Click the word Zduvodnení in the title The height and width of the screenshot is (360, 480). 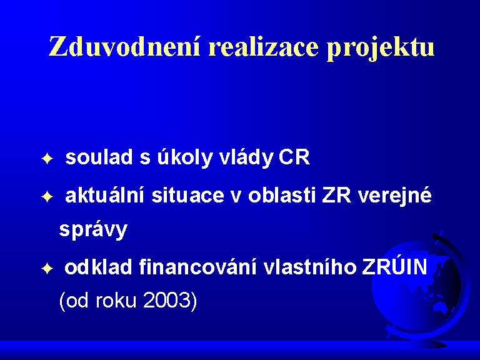(124, 47)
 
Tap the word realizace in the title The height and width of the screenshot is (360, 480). (263, 47)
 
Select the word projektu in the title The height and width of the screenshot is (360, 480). (381, 49)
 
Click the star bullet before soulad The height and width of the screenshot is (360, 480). (47, 159)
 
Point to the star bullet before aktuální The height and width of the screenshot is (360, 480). (47, 197)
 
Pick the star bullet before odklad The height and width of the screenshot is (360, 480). (47, 269)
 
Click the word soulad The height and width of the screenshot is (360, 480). (99, 157)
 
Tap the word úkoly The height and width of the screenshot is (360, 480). (185, 158)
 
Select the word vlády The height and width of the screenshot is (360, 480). (246, 158)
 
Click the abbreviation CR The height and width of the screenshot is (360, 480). (294, 157)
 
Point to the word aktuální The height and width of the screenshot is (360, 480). (104, 195)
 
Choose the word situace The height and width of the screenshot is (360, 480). (187, 195)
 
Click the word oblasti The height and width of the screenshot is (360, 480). (282, 195)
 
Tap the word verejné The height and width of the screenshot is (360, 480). (395, 196)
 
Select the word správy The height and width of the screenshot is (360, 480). (93, 229)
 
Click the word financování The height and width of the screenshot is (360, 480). (197, 267)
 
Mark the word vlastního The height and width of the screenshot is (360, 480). (310, 267)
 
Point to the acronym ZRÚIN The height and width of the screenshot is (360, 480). (394, 266)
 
